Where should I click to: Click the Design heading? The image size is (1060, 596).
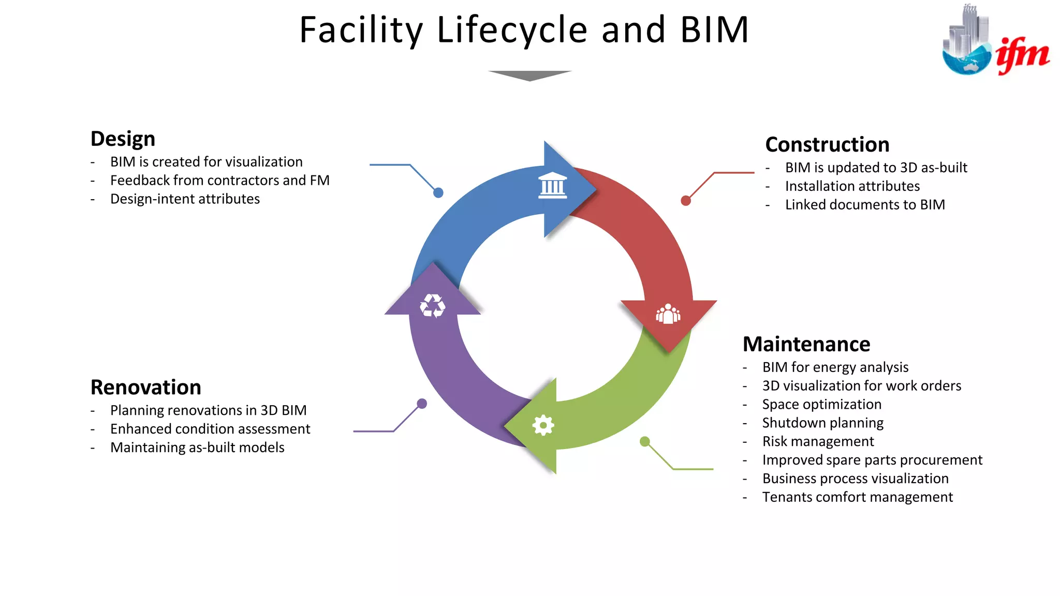tap(123, 139)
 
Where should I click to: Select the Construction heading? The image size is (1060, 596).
tap(827, 145)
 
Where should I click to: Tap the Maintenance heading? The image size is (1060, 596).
tap(806, 345)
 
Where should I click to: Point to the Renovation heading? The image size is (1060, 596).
tap(145, 388)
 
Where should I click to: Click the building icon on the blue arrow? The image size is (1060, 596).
tap(552, 186)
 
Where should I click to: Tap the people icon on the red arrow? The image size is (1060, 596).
tap(668, 314)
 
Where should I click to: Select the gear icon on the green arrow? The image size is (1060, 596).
tap(543, 425)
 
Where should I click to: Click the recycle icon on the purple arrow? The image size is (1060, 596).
tap(432, 306)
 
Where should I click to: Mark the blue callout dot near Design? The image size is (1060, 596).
tap(438, 193)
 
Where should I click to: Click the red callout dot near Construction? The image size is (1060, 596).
tap(686, 201)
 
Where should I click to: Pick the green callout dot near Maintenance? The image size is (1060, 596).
tap(644, 441)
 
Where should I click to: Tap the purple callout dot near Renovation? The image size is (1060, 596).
tap(422, 404)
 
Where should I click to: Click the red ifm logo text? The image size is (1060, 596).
tap(1022, 54)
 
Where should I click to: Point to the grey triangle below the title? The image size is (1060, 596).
tap(529, 76)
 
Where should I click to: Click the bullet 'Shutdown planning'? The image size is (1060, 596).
tap(822, 423)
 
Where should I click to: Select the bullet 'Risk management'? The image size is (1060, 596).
tap(818, 442)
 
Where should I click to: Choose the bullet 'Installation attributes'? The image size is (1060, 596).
tap(852, 186)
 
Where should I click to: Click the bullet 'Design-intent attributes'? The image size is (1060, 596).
tap(185, 199)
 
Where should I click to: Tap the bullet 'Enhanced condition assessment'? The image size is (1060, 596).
tap(210, 429)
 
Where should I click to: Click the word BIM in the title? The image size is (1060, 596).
tap(714, 30)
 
